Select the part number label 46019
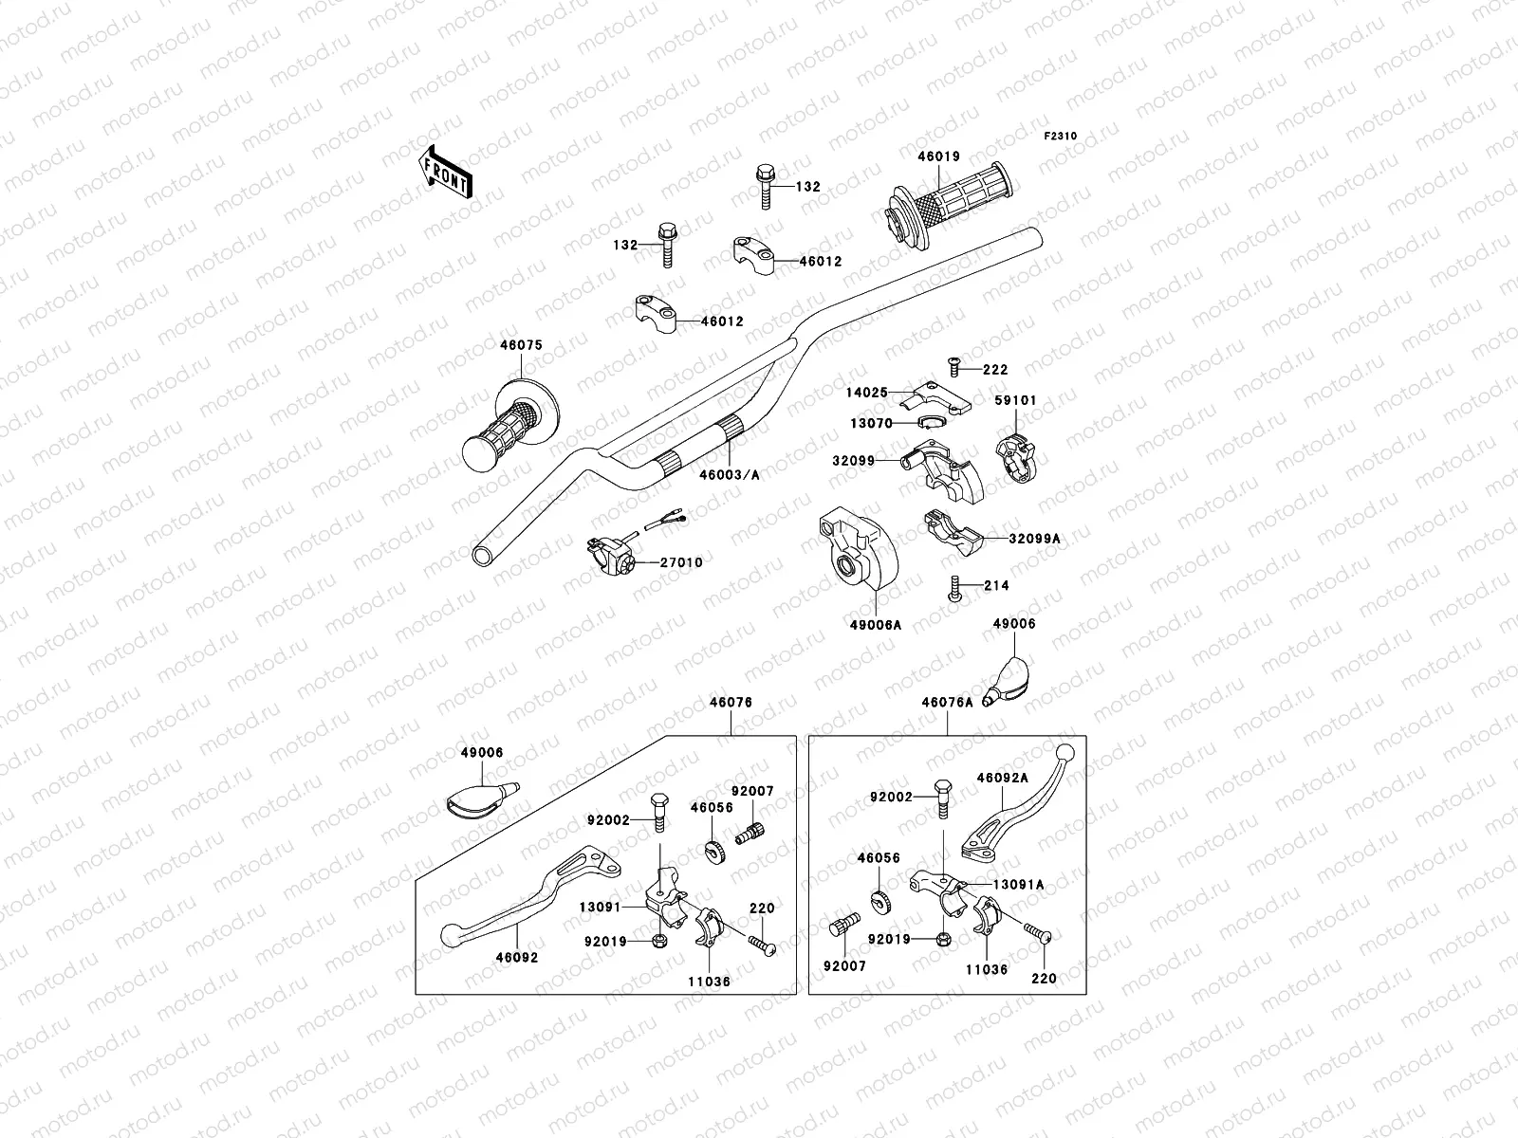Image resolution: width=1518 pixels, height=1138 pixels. point(938,157)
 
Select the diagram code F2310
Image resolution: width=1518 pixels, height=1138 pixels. point(1061,137)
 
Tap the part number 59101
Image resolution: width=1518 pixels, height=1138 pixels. point(1015,401)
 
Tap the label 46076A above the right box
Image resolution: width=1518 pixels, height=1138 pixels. point(947,703)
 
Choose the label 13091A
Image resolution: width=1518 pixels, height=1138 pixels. point(1018,885)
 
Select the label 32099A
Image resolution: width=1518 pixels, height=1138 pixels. point(1034,539)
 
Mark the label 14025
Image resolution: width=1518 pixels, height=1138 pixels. point(866,391)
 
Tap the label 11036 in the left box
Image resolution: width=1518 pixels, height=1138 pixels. point(709,982)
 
